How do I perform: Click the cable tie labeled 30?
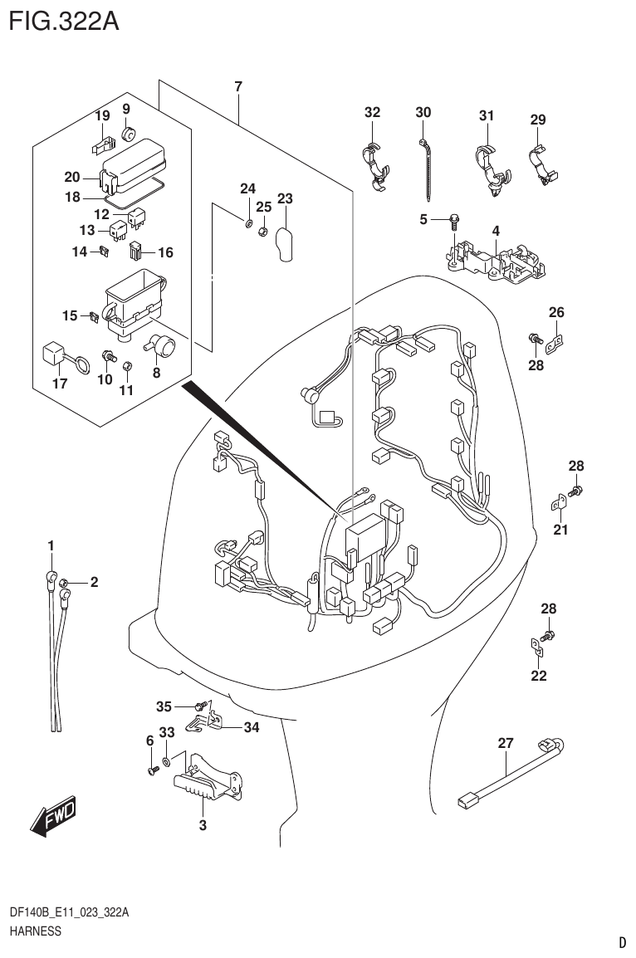pyautogui.click(x=427, y=165)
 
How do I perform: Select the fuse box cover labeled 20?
pyautogui.click(x=130, y=165)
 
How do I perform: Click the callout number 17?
pyautogui.click(x=59, y=384)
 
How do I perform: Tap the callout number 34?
pyautogui.click(x=252, y=728)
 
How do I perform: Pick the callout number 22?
pyautogui.click(x=539, y=676)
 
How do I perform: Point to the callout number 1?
pyautogui.click(x=51, y=545)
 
